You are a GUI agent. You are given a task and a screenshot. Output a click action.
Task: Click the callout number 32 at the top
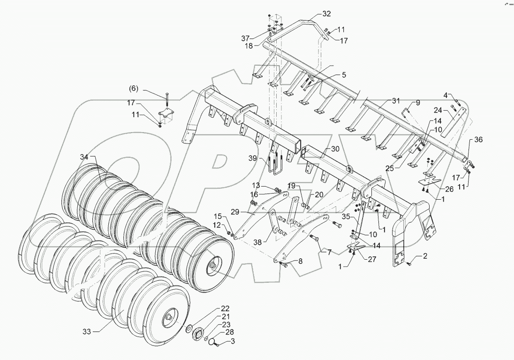click(326, 13)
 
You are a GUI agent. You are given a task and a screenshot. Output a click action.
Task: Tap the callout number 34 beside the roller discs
click(84, 157)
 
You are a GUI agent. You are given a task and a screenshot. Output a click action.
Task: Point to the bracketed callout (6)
click(134, 88)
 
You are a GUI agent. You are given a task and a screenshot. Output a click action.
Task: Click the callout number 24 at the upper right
click(437, 111)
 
